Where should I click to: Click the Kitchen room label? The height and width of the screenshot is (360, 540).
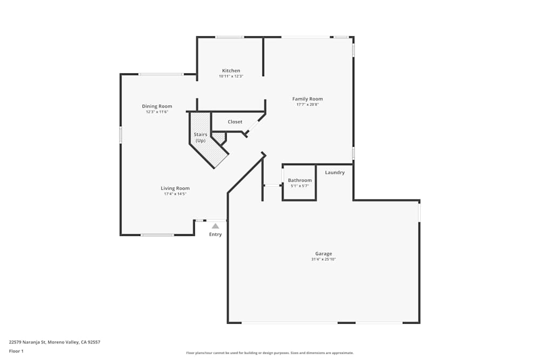(x=231, y=71)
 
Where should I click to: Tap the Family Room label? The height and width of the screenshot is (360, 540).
(x=307, y=99)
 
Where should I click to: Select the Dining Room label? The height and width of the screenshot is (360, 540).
(x=157, y=106)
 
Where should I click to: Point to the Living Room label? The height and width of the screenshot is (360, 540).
(x=175, y=188)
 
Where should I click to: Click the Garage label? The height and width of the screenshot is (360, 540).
(x=323, y=254)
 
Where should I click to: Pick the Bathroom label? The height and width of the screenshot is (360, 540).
(x=300, y=180)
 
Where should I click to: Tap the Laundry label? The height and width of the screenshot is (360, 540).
(x=335, y=173)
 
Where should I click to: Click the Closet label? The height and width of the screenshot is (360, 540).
(x=235, y=122)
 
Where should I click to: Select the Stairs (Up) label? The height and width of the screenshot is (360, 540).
(x=200, y=137)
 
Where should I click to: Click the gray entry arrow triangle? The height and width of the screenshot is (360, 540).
(x=215, y=226)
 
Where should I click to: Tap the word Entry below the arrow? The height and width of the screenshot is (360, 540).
(x=215, y=234)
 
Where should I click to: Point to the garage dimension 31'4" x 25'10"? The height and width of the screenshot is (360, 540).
(x=323, y=260)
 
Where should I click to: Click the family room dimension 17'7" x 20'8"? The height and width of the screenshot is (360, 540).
(x=307, y=105)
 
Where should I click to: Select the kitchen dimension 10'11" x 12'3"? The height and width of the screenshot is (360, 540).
(x=231, y=77)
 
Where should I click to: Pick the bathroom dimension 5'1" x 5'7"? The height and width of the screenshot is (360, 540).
(x=300, y=186)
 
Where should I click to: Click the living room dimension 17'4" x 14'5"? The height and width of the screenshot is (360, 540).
(x=175, y=194)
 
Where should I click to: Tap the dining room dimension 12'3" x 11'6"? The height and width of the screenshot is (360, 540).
(x=157, y=112)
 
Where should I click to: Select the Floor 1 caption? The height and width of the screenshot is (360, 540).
(x=16, y=351)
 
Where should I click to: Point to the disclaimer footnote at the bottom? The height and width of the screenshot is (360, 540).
(x=270, y=353)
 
